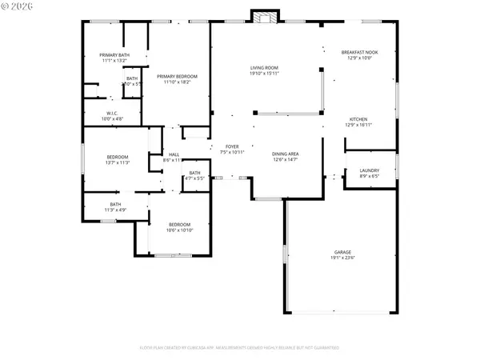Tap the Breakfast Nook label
pyautogui.click(x=358, y=52)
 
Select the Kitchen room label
pyautogui.click(x=358, y=119)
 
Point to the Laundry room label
pyautogui.click(x=369, y=170)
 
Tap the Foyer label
pyautogui.click(x=231, y=146)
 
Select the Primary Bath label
pyautogui.click(x=115, y=54)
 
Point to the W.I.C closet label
pyautogui.click(x=112, y=114)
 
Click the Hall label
pyautogui.click(x=174, y=154)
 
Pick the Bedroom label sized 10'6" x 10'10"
pyautogui.click(x=179, y=225)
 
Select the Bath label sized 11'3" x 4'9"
pyautogui.click(x=115, y=205)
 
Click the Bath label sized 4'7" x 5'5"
pyautogui.click(x=195, y=173)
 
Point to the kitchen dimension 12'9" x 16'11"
pyautogui.click(x=358, y=125)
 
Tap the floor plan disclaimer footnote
pyautogui.click(x=240, y=348)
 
